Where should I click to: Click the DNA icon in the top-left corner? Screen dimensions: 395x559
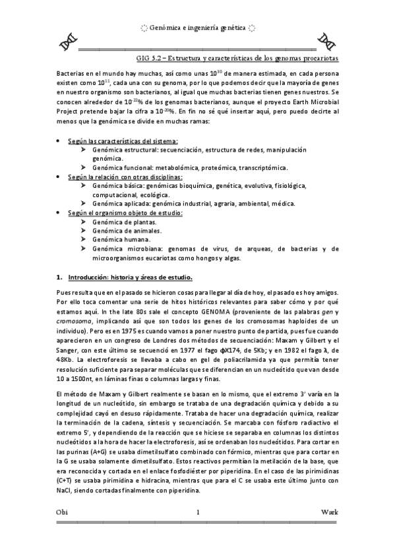pyautogui.click(x=66, y=42)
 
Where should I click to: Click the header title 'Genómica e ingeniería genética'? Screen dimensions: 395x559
pyautogui.click(x=197, y=28)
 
